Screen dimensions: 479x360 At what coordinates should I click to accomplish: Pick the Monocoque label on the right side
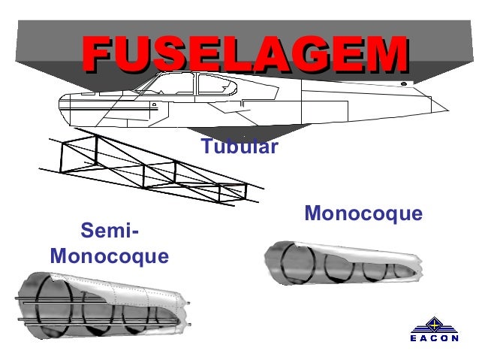point(363,215)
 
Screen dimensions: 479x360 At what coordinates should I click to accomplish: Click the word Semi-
point(110,230)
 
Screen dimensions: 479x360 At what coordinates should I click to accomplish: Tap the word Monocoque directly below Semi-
point(110,256)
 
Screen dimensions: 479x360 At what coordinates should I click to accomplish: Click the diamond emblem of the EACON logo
point(434,325)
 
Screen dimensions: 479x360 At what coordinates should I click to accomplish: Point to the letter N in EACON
point(454,338)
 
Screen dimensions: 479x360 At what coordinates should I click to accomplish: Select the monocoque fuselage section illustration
point(342,264)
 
